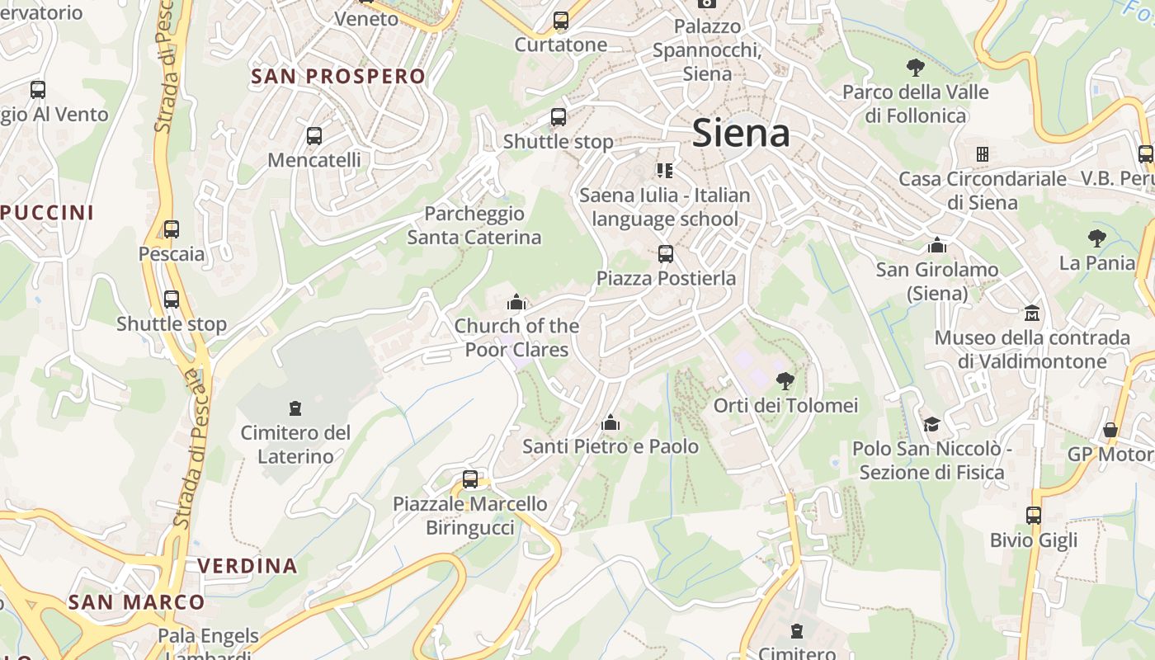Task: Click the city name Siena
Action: click(741, 133)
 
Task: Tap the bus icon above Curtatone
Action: click(561, 21)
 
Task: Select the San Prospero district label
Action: click(338, 77)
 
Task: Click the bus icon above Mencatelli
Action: click(314, 136)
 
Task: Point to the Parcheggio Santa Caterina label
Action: click(474, 225)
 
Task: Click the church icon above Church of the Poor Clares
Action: click(516, 302)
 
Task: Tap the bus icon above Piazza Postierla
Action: click(666, 254)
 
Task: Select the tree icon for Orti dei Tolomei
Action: click(785, 380)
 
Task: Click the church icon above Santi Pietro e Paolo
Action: click(610, 423)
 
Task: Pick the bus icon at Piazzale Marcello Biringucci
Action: click(470, 479)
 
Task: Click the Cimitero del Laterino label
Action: click(295, 444)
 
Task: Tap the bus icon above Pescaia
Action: click(172, 229)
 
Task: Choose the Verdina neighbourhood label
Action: click(247, 566)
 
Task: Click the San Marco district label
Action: click(136, 602)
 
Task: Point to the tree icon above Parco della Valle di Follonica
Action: click(915, 68)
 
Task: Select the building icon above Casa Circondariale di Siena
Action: click(982, 154)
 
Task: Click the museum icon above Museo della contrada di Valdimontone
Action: click(1032, 313)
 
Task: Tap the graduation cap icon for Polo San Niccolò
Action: click(931, 424)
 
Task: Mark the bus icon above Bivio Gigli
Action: click(1034, 516)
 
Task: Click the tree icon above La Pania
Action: click(1096, 238)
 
